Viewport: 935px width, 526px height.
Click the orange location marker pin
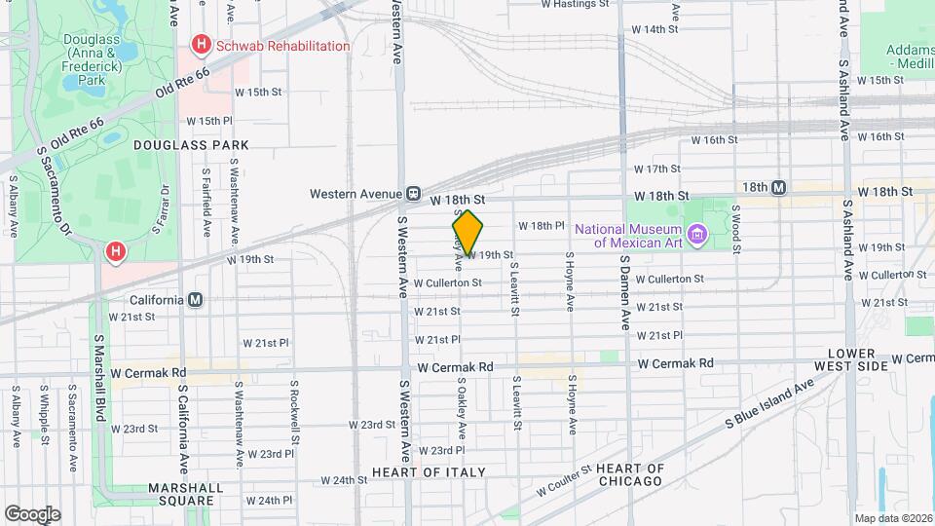(467, 232)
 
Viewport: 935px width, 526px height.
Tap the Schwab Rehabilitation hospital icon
(202, 45)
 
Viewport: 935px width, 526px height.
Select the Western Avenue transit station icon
(414, 193)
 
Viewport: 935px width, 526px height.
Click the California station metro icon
(196, 299)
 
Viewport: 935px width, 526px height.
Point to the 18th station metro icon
(778, 187)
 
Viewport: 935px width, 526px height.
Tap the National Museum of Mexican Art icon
(695, 234)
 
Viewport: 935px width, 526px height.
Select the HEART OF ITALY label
(429, 472)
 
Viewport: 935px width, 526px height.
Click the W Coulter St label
(561, 478)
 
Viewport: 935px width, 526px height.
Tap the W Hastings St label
(575, 4)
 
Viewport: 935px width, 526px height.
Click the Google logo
(32, 514)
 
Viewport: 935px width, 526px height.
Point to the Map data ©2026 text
(893, 518)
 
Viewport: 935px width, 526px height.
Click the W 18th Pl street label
(542, 225)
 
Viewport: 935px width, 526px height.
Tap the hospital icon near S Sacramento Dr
(116, 252)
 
